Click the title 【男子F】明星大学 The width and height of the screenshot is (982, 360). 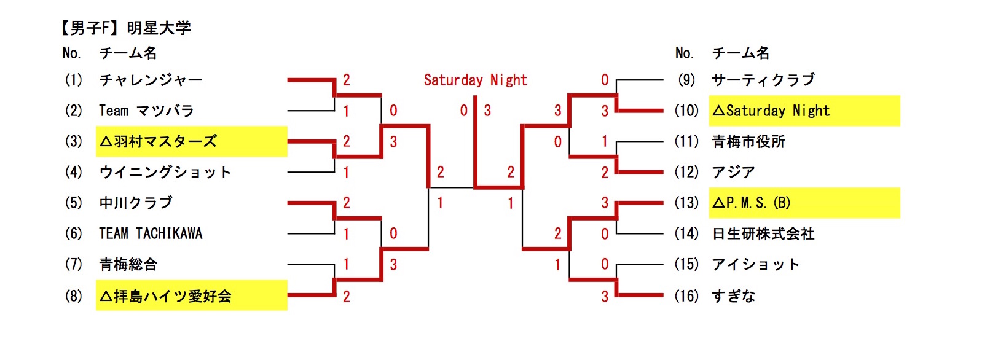click(x=125, y=28)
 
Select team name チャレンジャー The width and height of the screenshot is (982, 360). click(x=151, y=80)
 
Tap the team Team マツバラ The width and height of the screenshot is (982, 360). click(x=146, y=111)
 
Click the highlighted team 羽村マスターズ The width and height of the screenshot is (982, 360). click(x=159, y=142)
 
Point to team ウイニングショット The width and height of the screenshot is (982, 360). click(x=165, y=173)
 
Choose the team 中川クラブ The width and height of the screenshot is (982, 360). click(x=136, y=203)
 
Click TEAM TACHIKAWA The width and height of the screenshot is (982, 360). click(x=151, y=233)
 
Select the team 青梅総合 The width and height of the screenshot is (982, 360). click(x=128, y=265)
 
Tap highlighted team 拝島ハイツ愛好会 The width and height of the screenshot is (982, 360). click(x=166, y=296)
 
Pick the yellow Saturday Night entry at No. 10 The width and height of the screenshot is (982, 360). click(x=772, y=111)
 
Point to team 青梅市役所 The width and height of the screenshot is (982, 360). click(x=748, y=142)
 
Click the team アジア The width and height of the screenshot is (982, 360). click(x=733, y=173)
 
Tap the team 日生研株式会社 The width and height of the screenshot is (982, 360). click(x=763, y=233)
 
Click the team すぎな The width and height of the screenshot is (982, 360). click(x=733, y=296)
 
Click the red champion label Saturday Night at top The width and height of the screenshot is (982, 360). click(x=475, y=80)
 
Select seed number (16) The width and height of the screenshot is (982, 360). click(x=686, y=296)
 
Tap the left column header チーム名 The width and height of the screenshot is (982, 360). click(x=128, y=53)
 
